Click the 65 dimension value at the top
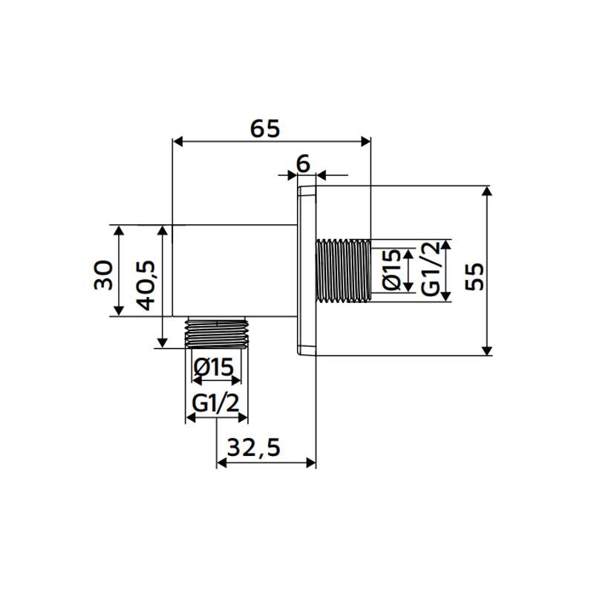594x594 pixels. point(265,128)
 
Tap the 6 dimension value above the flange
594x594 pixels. point(303,163)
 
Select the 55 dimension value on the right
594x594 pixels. point(474,276)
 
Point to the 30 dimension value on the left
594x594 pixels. point(103,275)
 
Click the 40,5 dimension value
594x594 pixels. point(146,285)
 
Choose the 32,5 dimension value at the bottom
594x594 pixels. point(253,448)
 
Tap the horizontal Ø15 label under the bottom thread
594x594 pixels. point(213,367)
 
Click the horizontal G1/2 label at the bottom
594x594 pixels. point(215,403)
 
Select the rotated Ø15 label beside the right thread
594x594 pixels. point(391,270)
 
